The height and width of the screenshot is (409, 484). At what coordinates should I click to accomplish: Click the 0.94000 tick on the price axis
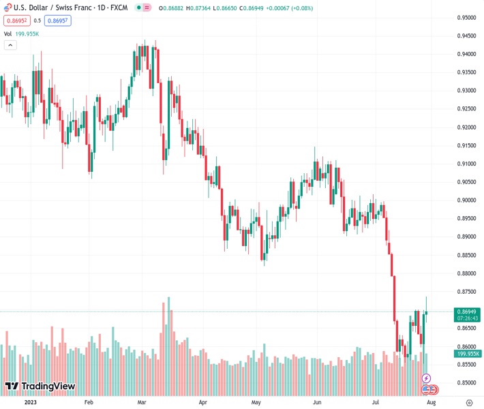466,54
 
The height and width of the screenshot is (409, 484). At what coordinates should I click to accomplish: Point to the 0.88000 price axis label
466,273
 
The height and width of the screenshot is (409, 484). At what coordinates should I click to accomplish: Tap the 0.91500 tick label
466,145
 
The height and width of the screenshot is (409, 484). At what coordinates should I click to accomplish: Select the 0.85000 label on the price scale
466,383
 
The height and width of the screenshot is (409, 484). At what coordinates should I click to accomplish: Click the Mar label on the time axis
142,403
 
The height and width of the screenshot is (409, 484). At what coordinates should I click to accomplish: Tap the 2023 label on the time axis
30,403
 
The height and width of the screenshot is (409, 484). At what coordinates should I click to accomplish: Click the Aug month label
431,403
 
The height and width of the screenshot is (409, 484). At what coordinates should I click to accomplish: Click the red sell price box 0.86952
16,20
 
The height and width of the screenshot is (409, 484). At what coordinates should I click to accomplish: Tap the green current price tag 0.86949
467,312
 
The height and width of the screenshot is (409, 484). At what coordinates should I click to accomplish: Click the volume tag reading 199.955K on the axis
467,354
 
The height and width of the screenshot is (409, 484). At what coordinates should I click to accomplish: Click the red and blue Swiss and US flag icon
429,389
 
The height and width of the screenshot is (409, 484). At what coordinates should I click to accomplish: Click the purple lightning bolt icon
427,378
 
